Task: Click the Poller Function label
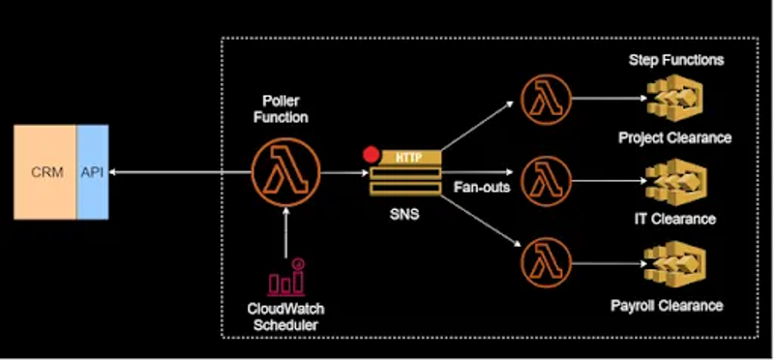point(287,109)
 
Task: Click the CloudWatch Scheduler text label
point(286,316)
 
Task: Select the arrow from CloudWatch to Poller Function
point(287,232)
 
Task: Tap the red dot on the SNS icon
point(369,154)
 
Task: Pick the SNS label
point(405,214)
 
